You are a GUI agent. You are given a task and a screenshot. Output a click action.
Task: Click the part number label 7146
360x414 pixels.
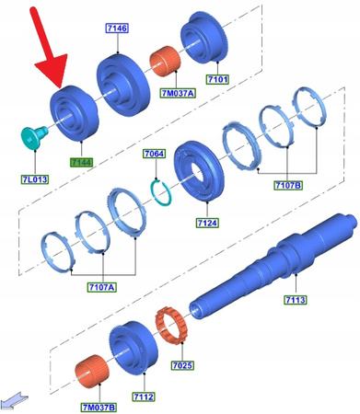click(117, 29)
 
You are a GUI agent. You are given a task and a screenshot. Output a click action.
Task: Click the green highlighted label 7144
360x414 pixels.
click(83, 161)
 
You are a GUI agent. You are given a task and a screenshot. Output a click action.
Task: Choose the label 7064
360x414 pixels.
click(154, 155)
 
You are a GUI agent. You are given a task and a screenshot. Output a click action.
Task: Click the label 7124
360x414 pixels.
click(205, 223)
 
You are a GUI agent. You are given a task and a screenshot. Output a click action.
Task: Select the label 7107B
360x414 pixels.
click(287, 186)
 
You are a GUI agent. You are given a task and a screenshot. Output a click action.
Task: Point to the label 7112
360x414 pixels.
click(141, 397)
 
